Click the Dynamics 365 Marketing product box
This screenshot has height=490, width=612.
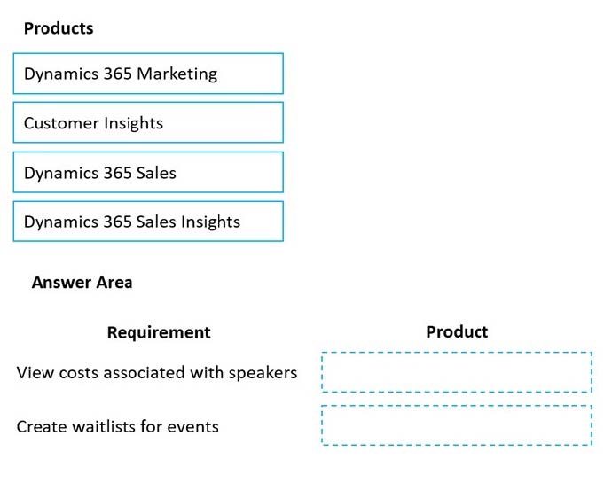[x=148, y=74]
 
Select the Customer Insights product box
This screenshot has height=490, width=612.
[x=148, y=123]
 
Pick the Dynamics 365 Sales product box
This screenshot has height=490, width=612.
[x=148, y=173]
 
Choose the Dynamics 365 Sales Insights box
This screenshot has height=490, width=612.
[x=148, y=222]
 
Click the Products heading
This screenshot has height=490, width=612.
[x=59, y=28]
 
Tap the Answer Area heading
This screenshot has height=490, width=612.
[x=82, y=283]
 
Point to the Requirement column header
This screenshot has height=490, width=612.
[x=159, y=332]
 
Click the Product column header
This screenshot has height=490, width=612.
[x=457, y=331]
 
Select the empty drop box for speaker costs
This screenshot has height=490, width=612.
[x=456, y=372]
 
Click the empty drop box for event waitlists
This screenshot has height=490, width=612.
[x=456, y=425]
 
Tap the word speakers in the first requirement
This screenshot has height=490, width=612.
[x=263, y=373]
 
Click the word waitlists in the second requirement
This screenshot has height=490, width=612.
[x=101, y=426]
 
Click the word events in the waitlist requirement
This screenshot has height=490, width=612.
[x=193, y=426]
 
